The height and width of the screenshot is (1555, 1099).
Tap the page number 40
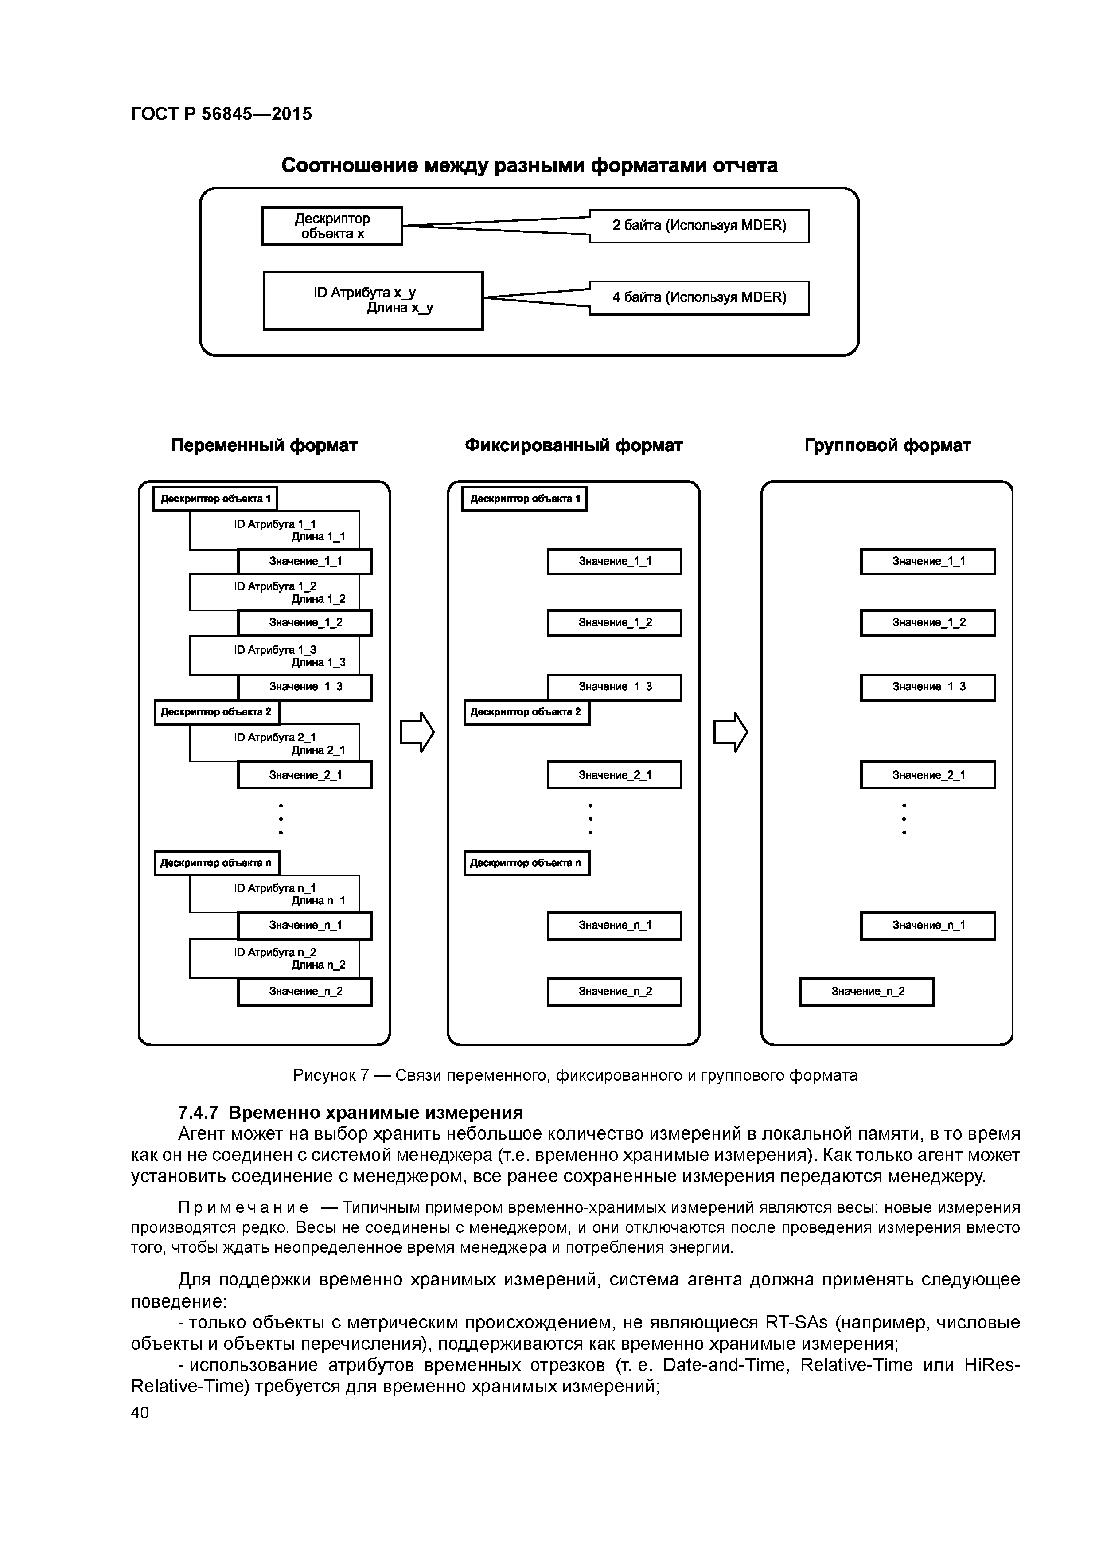click(140, 1412)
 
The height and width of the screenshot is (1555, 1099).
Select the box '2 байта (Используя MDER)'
click(699, 226)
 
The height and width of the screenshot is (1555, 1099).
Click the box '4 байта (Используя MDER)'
click(699, 297)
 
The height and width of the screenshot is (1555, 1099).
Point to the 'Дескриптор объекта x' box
click(332, 226)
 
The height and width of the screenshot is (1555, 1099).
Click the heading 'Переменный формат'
click(264, 445)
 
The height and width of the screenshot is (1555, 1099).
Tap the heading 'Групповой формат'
click(887, 445)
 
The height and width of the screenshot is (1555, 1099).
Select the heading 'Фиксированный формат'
click(573, 445)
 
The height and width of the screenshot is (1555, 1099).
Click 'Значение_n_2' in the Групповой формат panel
click(867, 992)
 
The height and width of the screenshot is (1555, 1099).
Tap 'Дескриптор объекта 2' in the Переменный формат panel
click(217, 712)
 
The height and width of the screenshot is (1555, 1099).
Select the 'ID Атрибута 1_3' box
click(274, 655)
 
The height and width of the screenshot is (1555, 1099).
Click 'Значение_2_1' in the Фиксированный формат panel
click(614, 775)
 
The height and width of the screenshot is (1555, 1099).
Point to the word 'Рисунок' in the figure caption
click(322, 1075)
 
